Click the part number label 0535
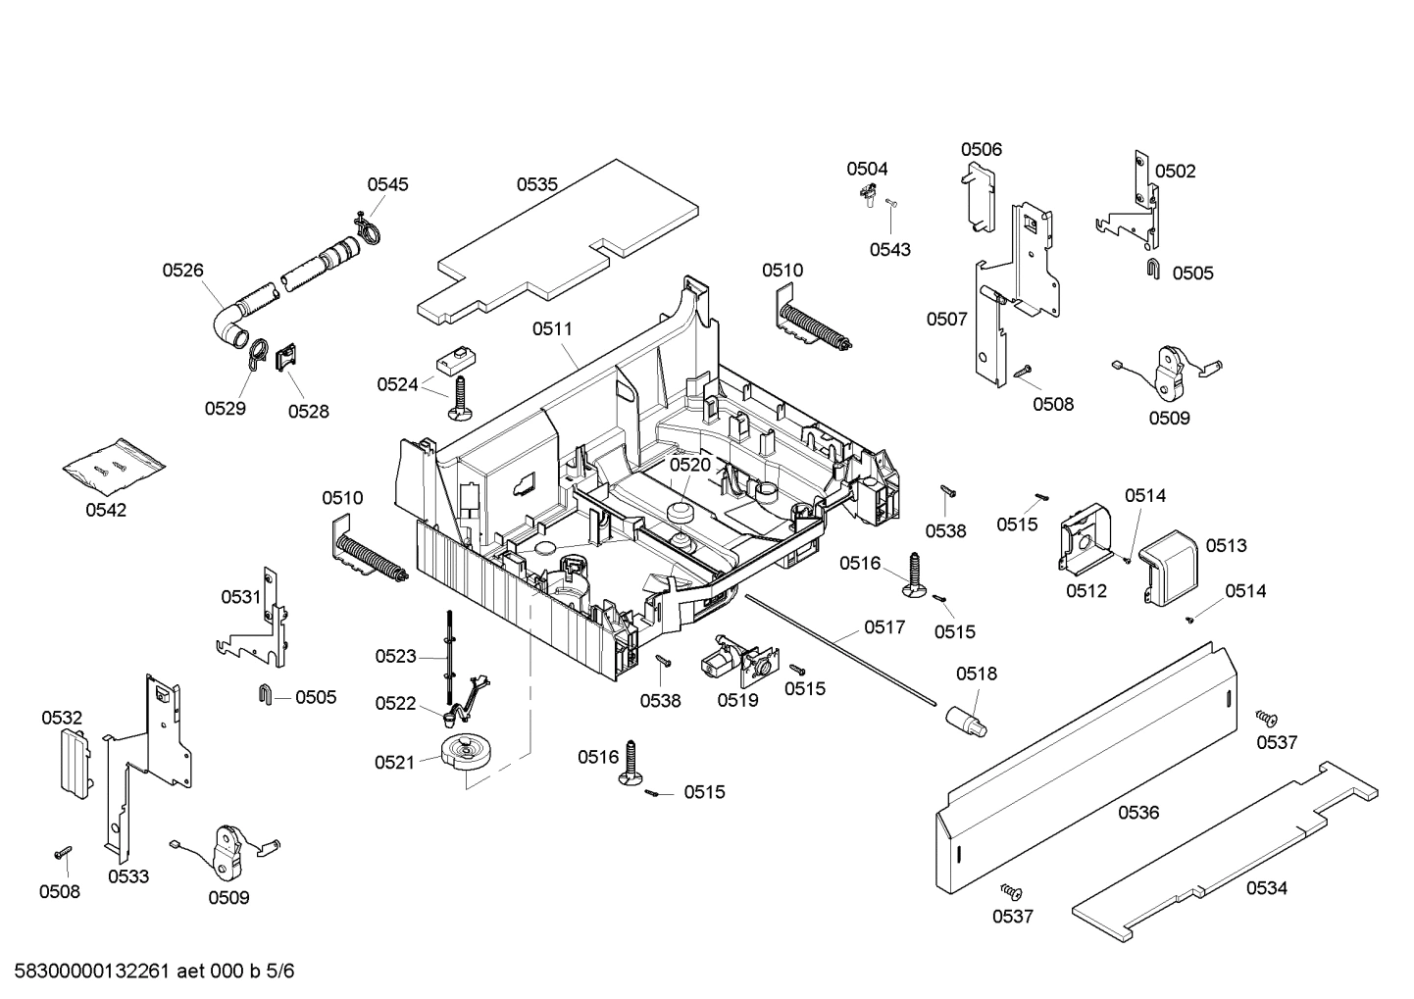tap(537, 183)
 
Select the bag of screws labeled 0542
tap(113, 466)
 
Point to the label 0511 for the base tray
tap(552, 329)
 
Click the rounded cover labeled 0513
tap(1171, 565)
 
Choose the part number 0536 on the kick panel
tap(1138, 812)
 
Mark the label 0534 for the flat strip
tap(1267, 888)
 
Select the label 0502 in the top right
tap(1175, 171)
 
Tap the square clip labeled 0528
tap(286, 358)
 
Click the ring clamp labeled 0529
tap(255, 356)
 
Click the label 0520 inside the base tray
tap(689, 465)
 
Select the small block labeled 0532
tap(72, 762)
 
